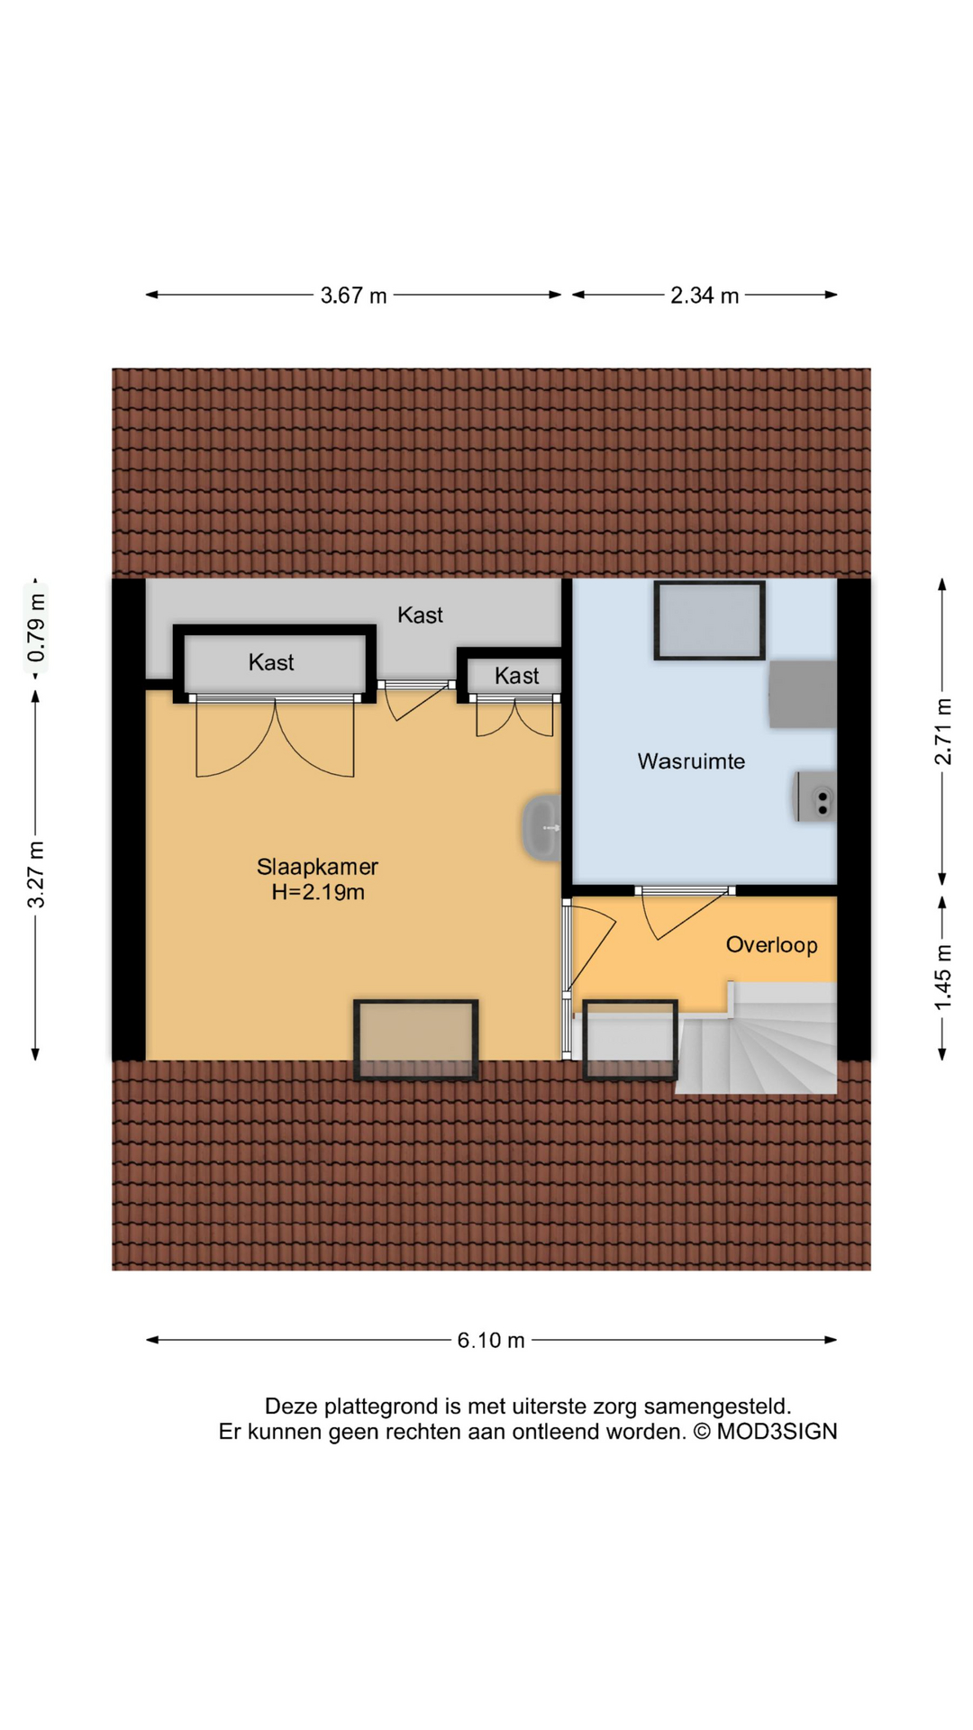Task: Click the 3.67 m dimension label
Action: [x=353, y=296]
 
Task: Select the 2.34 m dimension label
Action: [x=704, y=296]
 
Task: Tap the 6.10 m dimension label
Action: [x=490, y=1340]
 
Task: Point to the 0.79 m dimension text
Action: [x=36, y=628]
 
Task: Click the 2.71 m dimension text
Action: [x=942, y=732]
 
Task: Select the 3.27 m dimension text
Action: [x=36, y=874]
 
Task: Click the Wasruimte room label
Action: [x=691, y=761]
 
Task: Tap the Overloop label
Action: [x=771, y=945]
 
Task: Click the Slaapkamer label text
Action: [x=317, y=867]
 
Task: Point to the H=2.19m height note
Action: [x=318, y=893]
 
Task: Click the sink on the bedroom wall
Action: [x=542, y=827]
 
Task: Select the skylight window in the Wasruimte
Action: [x=709, y=620]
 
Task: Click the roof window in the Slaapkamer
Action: [x=415, y=1039]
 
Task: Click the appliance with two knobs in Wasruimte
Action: [x=815, y=797]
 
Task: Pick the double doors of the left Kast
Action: [x=275, y=739]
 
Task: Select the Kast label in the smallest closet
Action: [x=516, y=676]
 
